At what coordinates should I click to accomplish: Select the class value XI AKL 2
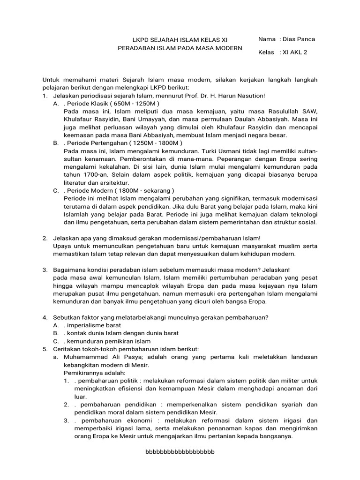click(294, 52)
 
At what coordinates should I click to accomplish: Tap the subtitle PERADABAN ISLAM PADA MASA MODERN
click(180, 48)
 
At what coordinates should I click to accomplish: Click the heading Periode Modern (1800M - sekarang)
click(120, 191)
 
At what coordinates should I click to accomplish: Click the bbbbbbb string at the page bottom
click(180, 452)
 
